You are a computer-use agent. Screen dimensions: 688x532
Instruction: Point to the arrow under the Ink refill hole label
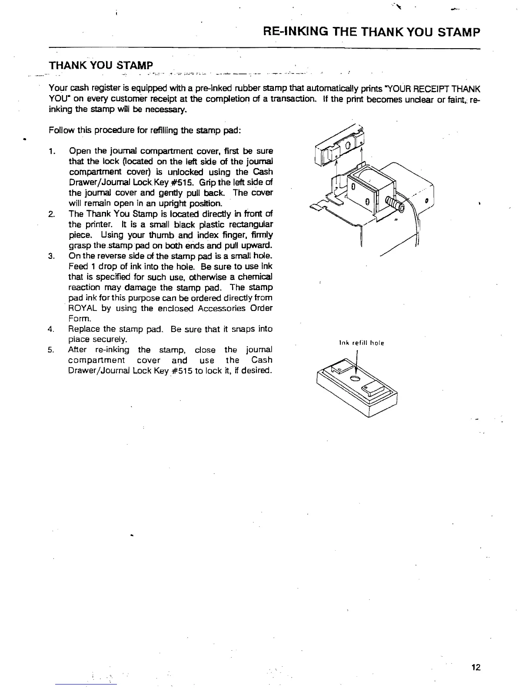[356, 363]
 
